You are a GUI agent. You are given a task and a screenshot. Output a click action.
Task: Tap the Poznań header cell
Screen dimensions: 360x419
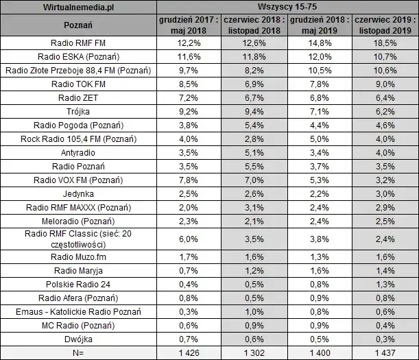pos(77,25)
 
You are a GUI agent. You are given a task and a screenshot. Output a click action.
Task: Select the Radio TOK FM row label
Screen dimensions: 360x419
pos(77,84)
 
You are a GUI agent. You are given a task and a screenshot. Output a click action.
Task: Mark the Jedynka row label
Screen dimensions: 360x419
pos(77,194)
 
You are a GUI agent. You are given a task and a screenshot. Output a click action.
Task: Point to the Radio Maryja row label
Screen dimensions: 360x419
pos(77,271)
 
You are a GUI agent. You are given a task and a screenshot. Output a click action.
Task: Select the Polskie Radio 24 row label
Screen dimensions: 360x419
pos(77,285)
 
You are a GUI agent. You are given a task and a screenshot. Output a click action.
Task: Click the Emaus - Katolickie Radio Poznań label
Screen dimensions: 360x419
pos(77,311)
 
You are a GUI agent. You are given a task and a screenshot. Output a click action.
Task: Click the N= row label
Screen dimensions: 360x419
pos(77,352)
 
